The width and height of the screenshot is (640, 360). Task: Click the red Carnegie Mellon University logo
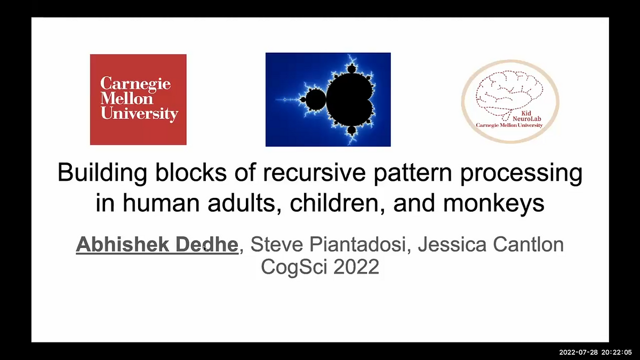(138, 99)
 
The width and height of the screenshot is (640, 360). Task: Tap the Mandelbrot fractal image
(328, 99)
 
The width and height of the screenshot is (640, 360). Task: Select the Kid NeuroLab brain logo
(510, 101)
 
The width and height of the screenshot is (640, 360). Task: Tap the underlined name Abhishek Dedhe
(157, 245)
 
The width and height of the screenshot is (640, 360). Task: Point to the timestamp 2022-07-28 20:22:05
(595, 353)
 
